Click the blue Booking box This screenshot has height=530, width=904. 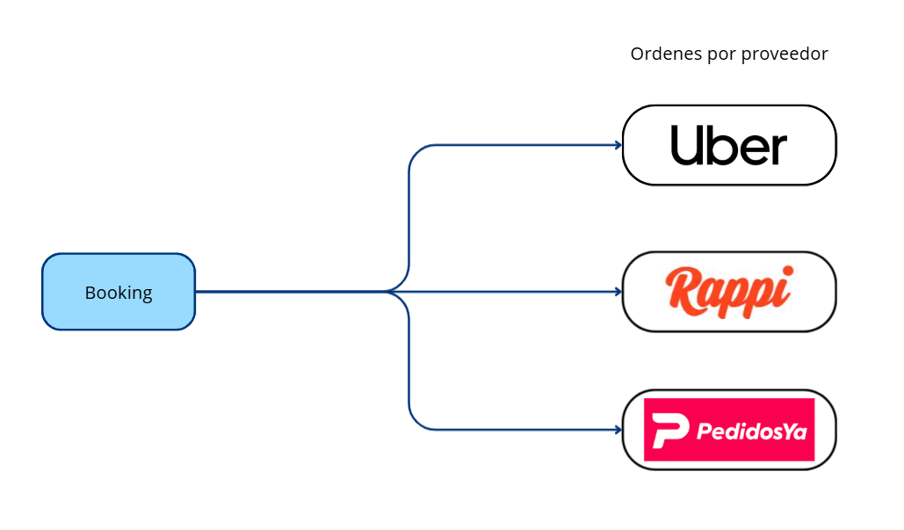(119, 292)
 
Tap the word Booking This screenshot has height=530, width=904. (119, 293)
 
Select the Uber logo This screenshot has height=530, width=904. (729, 145)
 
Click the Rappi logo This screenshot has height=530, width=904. (729, 292)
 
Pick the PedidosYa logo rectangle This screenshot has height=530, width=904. (729, 430)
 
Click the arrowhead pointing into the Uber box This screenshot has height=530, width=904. (618, 145)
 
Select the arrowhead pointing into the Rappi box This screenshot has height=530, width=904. (618, 292)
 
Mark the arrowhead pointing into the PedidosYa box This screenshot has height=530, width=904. (618, 430)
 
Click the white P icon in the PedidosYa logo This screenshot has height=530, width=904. (670, 430)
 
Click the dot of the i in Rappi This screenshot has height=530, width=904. (788, 271)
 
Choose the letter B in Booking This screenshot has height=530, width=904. (90, 293)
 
